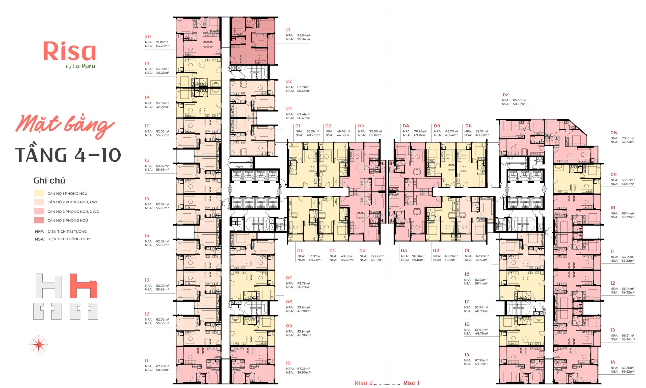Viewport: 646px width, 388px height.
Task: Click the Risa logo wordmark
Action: [x=70, y=51]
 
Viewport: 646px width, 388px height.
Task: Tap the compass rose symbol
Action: [x=39, y=344]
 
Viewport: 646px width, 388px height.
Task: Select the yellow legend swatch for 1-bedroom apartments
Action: [x=39, y=193]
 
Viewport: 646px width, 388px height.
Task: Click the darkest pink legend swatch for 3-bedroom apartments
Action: [x=39, y=220]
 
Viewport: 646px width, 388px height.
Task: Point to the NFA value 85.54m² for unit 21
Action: [x=304, y=35]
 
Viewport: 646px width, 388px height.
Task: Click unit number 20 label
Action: [x=148, y=37]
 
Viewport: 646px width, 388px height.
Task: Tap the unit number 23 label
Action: [x=289, y=109]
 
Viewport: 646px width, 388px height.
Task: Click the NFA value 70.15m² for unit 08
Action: [x=628, y=138]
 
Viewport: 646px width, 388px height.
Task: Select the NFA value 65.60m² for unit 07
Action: [x=519, y=100]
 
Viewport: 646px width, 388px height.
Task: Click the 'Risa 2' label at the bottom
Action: [x=363, y=383]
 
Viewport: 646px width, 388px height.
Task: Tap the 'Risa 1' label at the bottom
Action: [x=412, y=383]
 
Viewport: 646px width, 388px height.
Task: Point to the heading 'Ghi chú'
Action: [x=49, y=181]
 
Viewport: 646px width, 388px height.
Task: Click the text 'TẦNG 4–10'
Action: [x=68, y=155]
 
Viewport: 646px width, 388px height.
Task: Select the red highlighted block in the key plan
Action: [x=83, y=286]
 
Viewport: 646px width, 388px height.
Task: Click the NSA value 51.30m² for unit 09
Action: [x=628, y=184]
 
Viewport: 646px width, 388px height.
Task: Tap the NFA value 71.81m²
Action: [x=162, y=42]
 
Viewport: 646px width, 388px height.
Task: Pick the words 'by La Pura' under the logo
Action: [x=81, y=66]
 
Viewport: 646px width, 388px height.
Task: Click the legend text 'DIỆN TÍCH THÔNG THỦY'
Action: [x=69, y=239]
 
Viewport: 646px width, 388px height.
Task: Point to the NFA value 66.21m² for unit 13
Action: [x=628, y=335]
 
